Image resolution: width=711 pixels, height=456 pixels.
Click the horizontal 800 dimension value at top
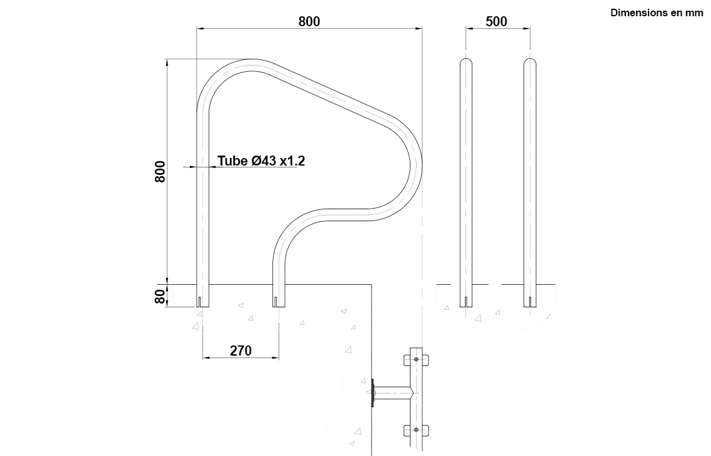tap(309, 21)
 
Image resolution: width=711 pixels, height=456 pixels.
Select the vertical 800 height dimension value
tap(160, 171)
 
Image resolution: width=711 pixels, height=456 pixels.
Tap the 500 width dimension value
tap(497, 21)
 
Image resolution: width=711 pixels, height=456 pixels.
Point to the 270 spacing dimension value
tap(241, 350)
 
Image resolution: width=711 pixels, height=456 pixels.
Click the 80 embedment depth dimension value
tap(160, 297)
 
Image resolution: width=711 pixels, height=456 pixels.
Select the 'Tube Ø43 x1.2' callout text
tap(261, 161)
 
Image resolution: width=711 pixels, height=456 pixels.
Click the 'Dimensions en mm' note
tap(657, 12)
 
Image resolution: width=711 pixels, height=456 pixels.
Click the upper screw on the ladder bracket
tap(416, 360)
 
